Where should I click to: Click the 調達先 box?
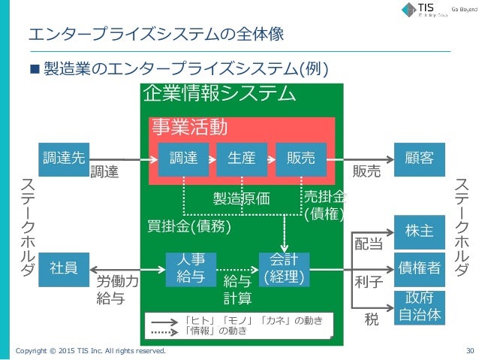click(63, 158)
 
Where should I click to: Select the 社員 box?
click(63, 267)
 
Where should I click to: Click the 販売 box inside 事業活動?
click(300, 159)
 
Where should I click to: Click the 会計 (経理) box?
click(283, 268)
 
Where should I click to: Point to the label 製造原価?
click(241, 199)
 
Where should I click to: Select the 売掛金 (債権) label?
click(324, 204)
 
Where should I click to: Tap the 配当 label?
click(369, 244)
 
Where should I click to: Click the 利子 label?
click(369, 281)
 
